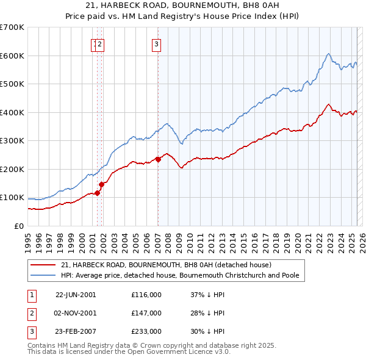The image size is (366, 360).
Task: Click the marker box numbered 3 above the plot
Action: [x=156, y=43]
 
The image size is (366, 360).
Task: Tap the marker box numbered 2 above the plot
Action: [x=100, y=43]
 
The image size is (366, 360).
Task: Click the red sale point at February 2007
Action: [x=158, y=159]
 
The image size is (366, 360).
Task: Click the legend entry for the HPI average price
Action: [x=179, y=275]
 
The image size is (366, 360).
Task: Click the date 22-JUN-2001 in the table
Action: [x=76, y=295]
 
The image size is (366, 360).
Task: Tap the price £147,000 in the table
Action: [x=146, y=313]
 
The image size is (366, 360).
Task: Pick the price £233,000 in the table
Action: [x=146, y=331]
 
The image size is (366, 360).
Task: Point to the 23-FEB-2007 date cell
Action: [x=76, y=331]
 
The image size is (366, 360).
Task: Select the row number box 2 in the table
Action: [x=30, y=313]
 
